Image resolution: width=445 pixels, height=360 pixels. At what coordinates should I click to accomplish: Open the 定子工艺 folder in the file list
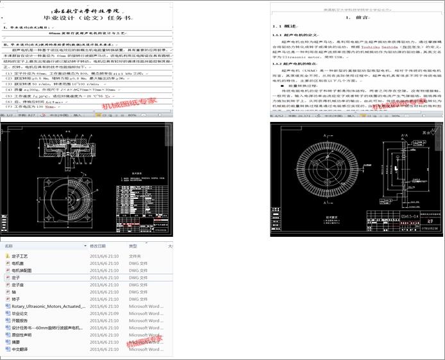[x=20, y=256]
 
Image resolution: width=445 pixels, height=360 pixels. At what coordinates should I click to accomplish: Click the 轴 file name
[x=15, y=292]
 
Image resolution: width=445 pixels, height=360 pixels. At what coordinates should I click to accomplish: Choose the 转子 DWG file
[x=16, y=299]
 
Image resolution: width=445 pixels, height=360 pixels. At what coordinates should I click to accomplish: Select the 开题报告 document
[x=20, y=321]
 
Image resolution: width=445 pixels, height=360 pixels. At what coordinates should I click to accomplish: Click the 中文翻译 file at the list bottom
[x=20, y=349]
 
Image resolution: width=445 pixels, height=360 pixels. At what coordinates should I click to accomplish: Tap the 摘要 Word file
[x=16, y=342]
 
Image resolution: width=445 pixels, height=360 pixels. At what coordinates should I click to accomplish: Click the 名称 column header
[x=9, y=246]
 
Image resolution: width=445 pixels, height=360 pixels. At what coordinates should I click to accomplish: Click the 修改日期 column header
[x=97, y=246]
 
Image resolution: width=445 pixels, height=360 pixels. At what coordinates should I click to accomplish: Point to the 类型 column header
[x=133, y=246]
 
